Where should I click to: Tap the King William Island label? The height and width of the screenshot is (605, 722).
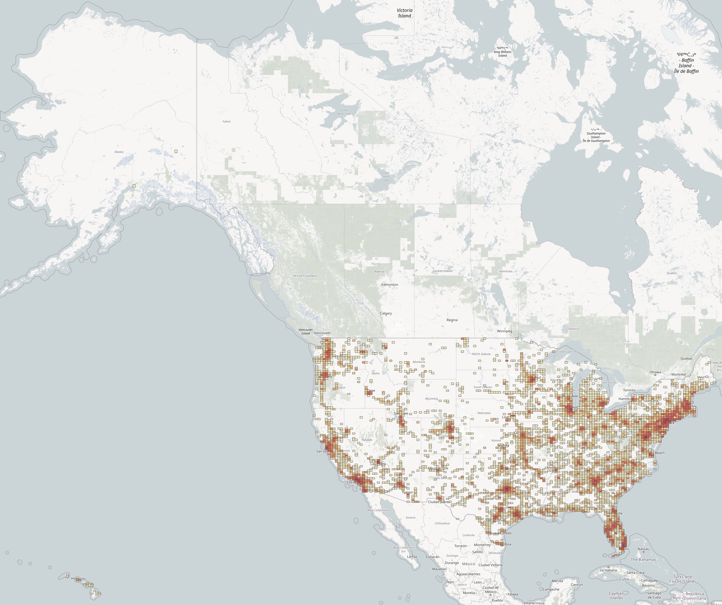[x=502, y=52]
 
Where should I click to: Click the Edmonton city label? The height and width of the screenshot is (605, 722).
[x=389, y=285]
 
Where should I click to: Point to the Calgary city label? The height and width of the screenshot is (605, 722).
[x=386, y=313]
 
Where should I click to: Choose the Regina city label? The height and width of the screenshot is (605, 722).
[x=452, y=320]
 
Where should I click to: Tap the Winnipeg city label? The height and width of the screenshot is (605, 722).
[x=504, y=331]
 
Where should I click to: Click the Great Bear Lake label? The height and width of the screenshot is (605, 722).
[x=344, y=112]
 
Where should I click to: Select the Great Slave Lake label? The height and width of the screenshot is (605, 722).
[x=385, y=177]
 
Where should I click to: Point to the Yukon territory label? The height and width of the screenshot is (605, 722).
[x=226, y=121]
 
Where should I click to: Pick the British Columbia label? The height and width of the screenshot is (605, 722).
[x=305, y=276]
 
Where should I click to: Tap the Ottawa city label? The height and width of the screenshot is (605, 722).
[x=655, y=372]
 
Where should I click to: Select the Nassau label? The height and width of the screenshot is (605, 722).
[x=644, y=549]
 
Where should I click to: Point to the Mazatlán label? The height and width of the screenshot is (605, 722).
[x=439, y=569]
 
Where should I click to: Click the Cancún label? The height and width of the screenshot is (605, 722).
[x=577, y=584]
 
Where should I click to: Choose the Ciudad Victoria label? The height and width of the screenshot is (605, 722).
[x=490, y=565]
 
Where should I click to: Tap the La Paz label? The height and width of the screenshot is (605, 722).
[x=412, y=556]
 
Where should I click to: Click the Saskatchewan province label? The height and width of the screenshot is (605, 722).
[x=442, y=271]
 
